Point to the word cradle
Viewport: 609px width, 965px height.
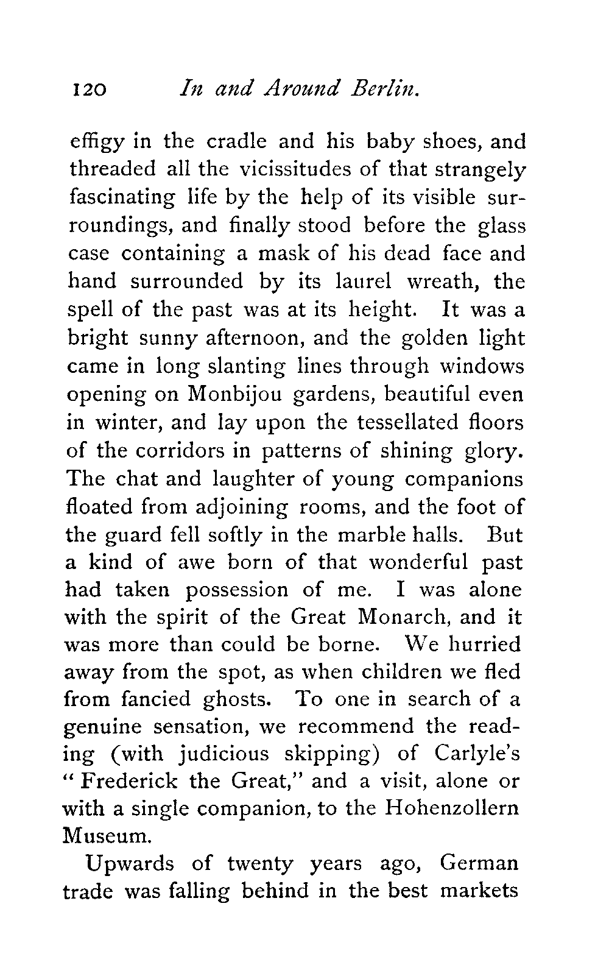tap(234, 141)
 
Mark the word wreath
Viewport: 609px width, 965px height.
tap(442, 281)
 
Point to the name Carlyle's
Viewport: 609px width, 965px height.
tap(478, 754)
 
